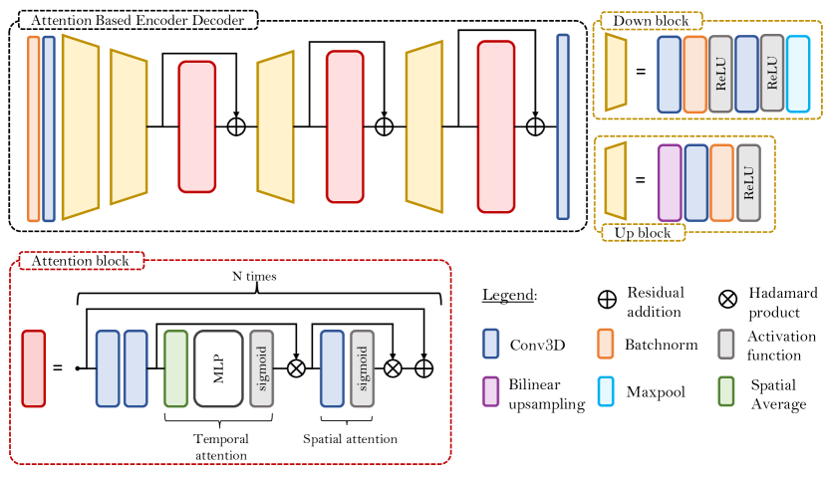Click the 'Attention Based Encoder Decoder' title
138,20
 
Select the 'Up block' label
643,232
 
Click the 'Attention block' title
82,261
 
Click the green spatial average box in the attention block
175,368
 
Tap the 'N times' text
257,275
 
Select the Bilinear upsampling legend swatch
489,391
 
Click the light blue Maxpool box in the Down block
798,74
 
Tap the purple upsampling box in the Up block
670,181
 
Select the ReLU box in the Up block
748,181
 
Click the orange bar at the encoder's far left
34,127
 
